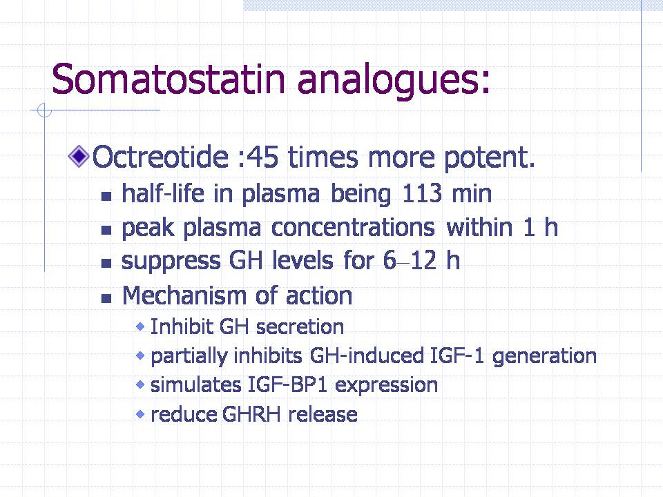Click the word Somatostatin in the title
[x=169, y=79]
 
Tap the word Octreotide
[x=161, y=157]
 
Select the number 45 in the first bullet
[x=262, y=157]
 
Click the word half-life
[x=163, y=193]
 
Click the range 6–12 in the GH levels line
[x=410, y=260]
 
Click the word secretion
[x=300, y=327]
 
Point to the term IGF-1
[x=457, y=355]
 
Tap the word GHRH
[x=251, y=414]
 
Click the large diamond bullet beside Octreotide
[x=79, y=157]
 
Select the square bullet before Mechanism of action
[x=106, y=299]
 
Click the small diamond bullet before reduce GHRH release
[x=140, y=414]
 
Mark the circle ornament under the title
[x=44, y=110]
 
